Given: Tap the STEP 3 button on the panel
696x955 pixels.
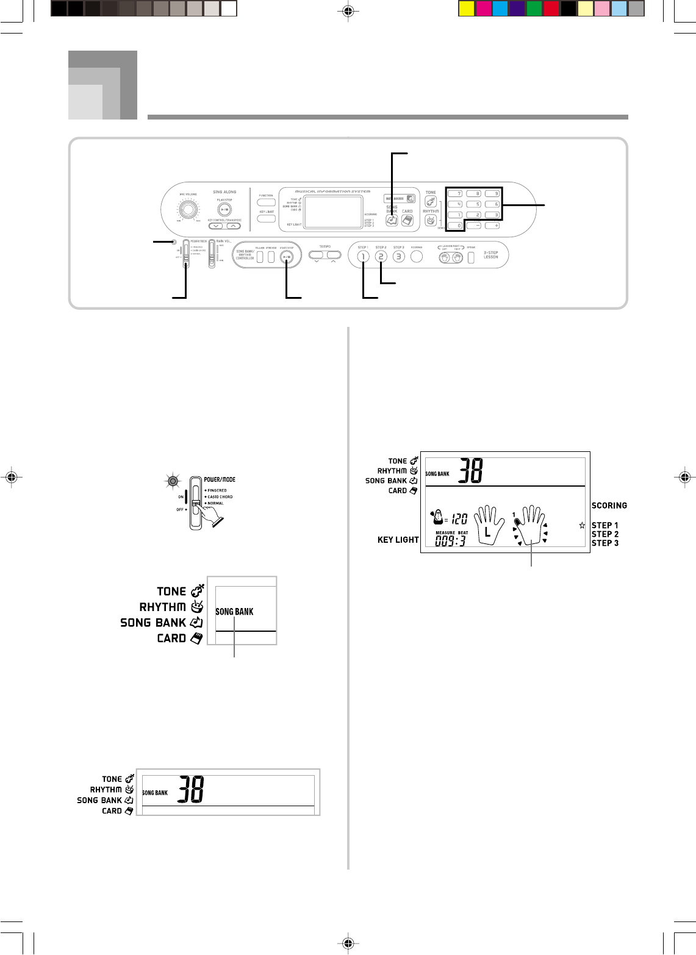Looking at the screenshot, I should coord(398,257).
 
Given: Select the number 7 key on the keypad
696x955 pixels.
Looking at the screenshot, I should coord(456,194).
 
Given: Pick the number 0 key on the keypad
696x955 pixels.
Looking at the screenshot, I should coord(456,226).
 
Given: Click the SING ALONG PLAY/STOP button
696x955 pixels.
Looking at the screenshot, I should coord(224,209).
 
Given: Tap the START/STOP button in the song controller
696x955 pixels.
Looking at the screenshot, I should coord(287,257).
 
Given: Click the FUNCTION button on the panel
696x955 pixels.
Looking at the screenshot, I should coord(266,202).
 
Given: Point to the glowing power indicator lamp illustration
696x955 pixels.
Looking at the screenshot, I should coord(173,482).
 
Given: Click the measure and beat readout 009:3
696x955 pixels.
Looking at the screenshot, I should coord(450,541).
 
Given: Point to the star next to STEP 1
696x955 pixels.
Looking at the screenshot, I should coord(582,525).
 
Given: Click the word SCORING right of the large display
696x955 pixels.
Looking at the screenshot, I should coord(609,506).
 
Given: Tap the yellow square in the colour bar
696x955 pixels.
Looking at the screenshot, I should coord(465,9).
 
